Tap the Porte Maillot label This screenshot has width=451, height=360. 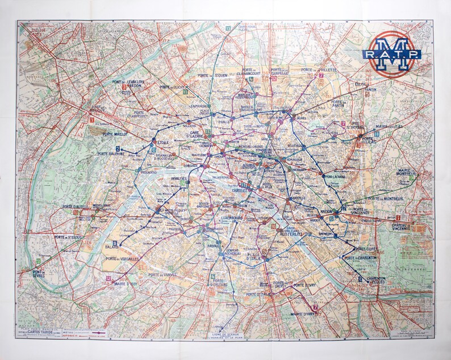pos(116,135)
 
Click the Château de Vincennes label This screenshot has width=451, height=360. pos(410,227)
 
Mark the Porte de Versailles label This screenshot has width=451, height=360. pos(122,259)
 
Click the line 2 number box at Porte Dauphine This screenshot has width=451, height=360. pos(118,149)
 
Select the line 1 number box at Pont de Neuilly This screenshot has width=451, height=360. pos(91,120)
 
